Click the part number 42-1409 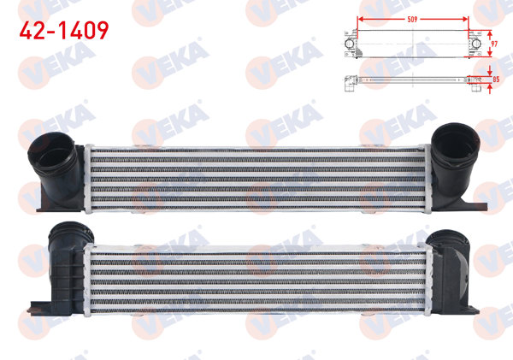pyautogui.click(x=64, y=32)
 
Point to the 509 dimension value pyautogui.click(x=413, y=13)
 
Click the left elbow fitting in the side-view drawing pyautogui.click(x=350, y=83)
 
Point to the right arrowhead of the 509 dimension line pyautogui.click(x=467, y=18)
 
